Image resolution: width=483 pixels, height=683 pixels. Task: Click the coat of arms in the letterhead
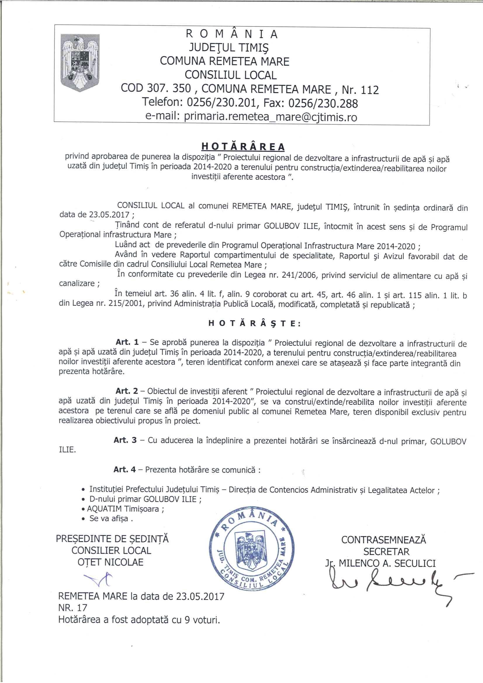tap(80, 63)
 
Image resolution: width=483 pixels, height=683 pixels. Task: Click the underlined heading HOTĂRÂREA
tap(243, 147)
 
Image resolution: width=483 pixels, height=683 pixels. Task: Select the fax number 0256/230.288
tap(323, 103)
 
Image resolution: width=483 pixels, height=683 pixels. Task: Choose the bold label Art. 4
tap(125, 470)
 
